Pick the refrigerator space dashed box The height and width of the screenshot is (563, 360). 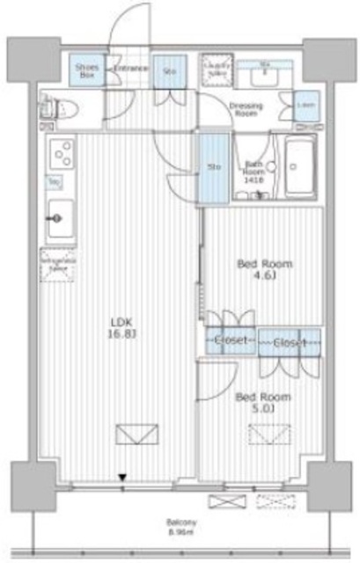pyautogui.click(x=55, y=260)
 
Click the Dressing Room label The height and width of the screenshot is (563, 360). pyautogui.click(x=246, y=110)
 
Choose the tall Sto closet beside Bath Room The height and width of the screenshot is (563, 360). pyautogui.click(x=213, y=166)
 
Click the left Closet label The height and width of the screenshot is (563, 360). pyautogui.click(x=231, y=340)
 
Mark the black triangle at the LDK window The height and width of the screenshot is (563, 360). pyautogui.click(x=123, y=479)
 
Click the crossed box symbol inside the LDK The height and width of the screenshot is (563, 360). pyautogui.click(x=134, y=435)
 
